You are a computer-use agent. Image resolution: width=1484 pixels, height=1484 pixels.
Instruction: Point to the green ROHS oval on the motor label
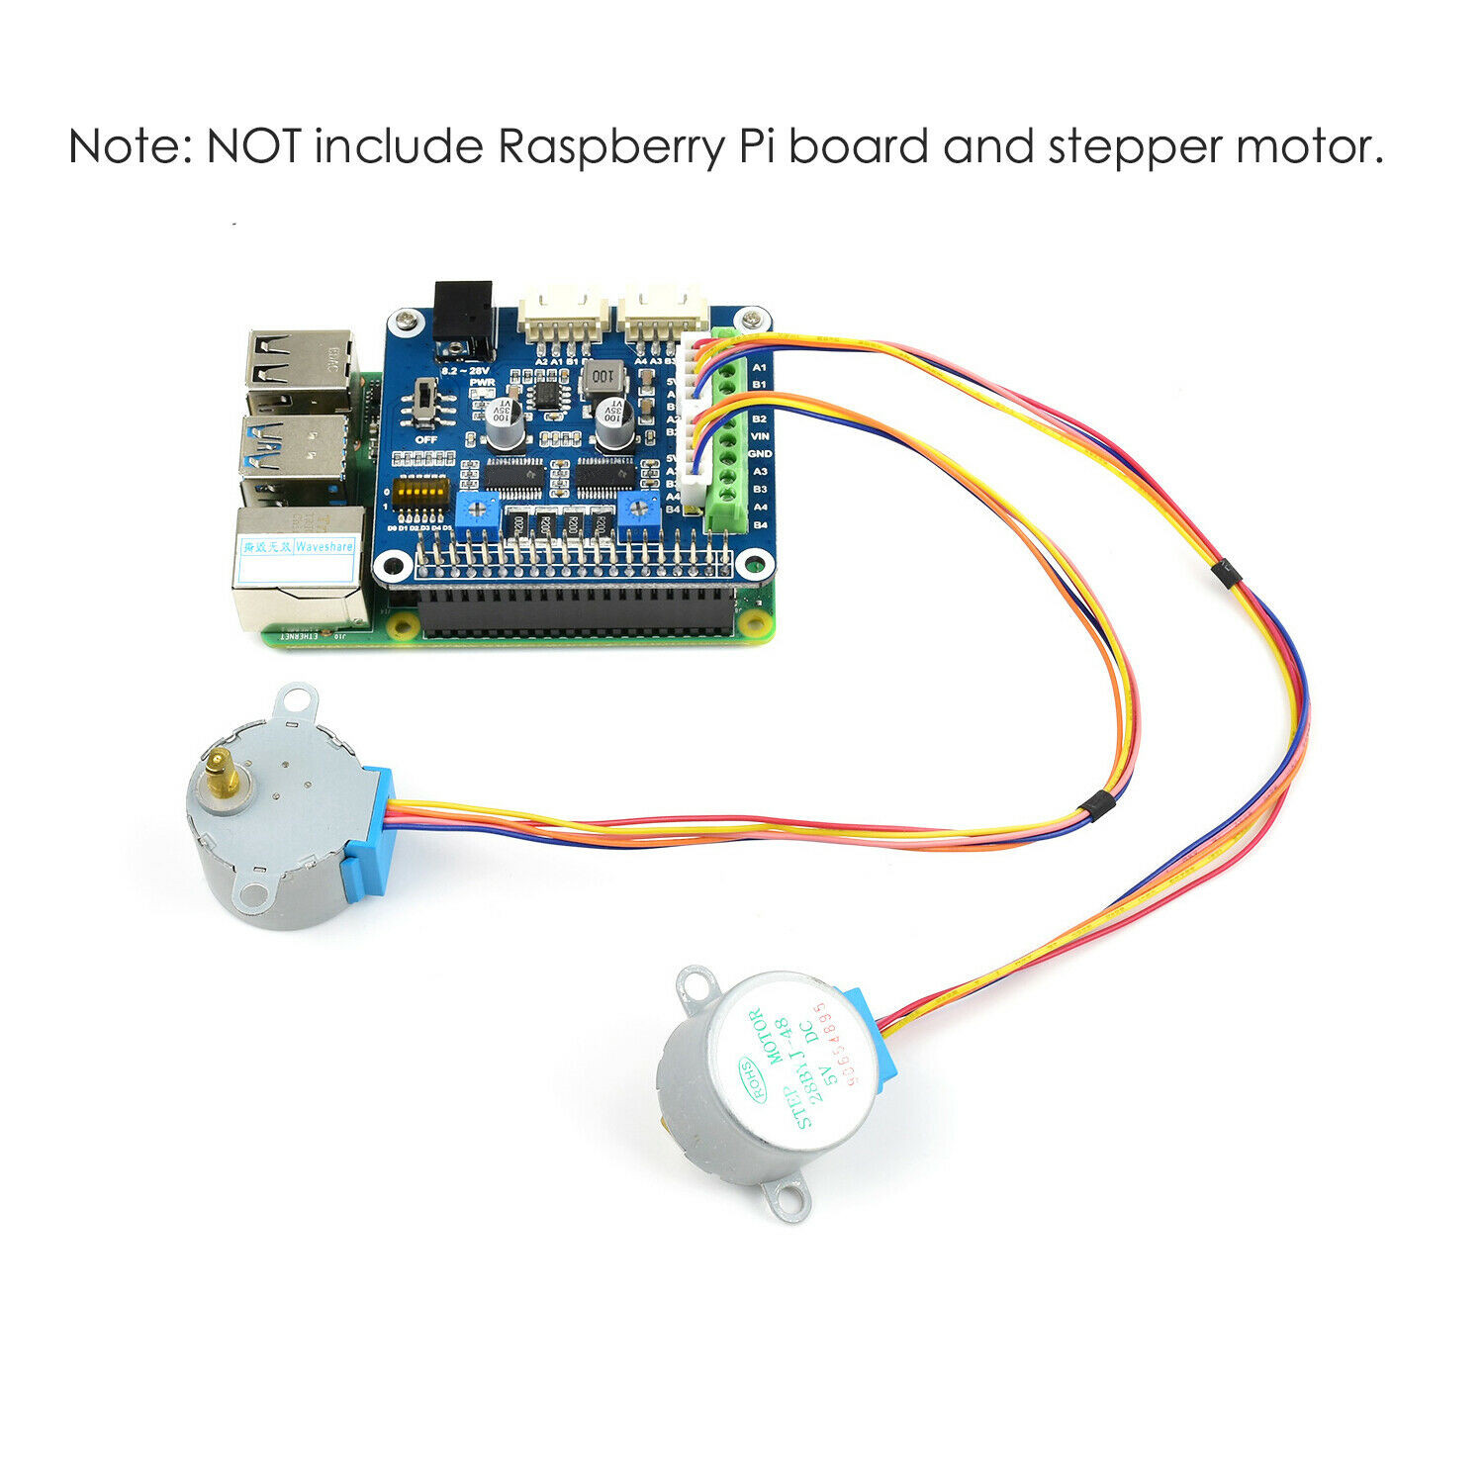coord(750,1070)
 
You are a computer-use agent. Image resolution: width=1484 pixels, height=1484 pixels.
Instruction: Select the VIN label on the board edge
coord(760,436)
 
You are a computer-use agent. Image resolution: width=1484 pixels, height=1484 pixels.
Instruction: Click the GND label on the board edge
coord(760,454)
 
